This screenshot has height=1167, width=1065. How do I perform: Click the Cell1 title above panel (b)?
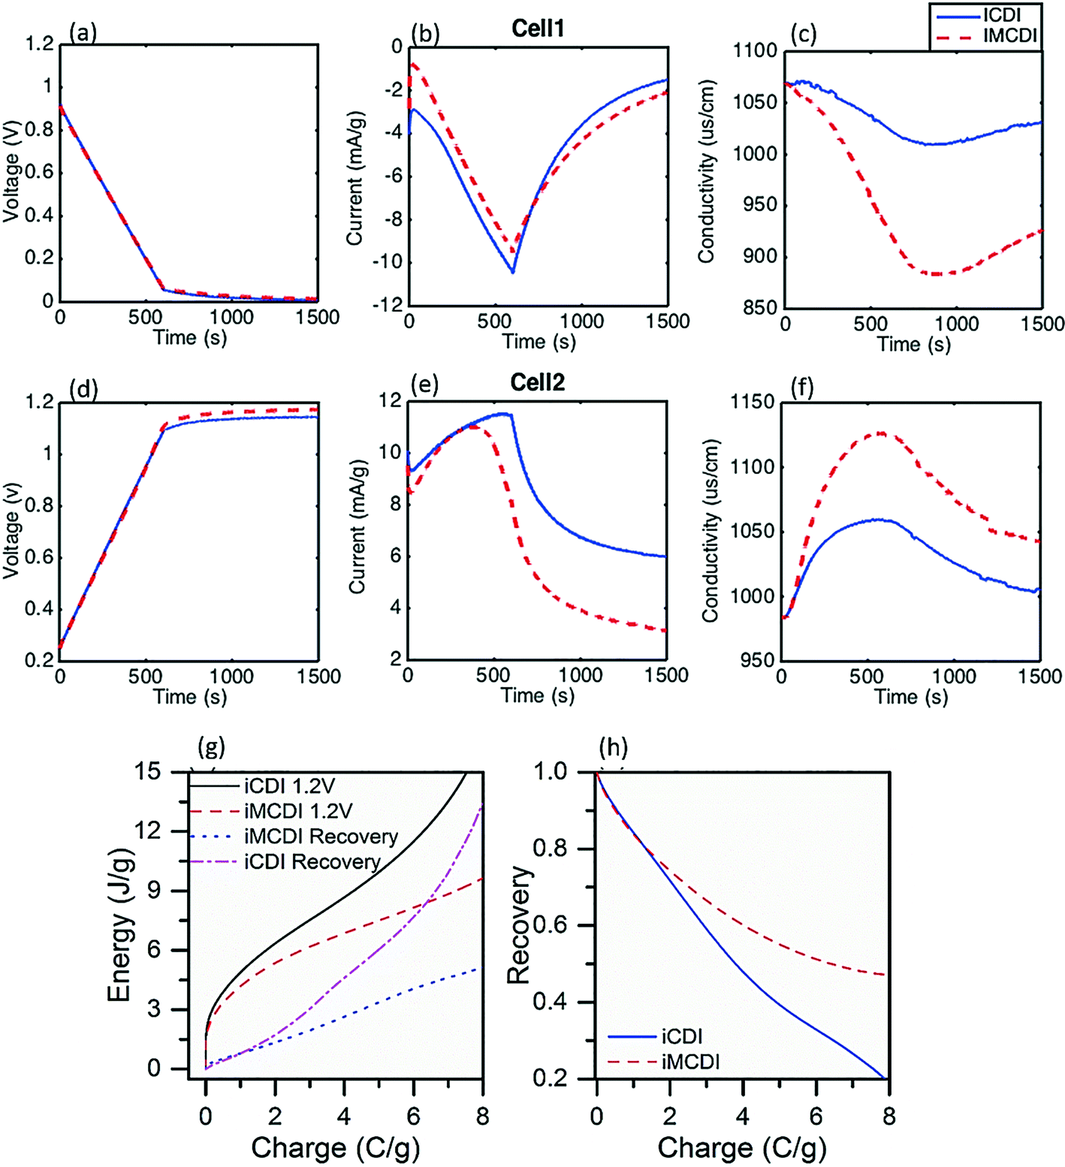click(x=538, y=29)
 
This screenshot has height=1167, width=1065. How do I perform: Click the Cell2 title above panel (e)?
click(x=537, y=383)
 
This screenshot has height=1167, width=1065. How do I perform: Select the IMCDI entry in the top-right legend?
click(x=1010, y=35)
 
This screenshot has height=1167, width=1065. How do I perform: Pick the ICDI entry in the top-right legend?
click(x=1002, y=15)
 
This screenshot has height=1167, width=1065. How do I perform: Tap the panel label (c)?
click(x=804, y=34)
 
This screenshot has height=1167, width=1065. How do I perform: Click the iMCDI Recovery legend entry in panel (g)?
click(x=321, y=836)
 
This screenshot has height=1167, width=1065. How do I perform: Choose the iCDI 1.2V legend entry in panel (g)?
click(x=289, y=786)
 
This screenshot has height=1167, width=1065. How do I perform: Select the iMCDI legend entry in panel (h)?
click(x=690, y=1061)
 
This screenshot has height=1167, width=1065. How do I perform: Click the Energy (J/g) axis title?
click(x=119, y=925)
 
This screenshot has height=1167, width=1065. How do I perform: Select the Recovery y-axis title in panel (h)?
click(x=519, y=925)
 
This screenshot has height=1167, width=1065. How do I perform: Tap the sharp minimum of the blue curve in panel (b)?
click(x=513, y=272)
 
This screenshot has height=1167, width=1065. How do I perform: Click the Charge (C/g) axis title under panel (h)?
click(x=742, y=1147)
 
